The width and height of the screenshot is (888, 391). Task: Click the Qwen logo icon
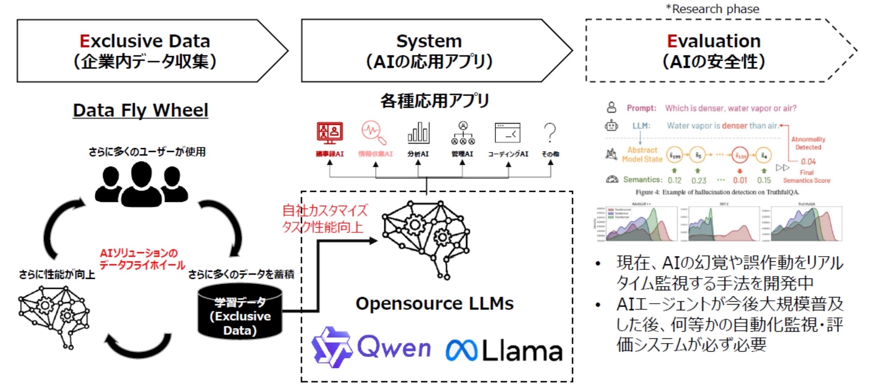pos(332,347)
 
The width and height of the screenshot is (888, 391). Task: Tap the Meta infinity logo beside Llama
pos(461,350)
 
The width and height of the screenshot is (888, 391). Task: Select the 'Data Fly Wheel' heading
pos(140,110)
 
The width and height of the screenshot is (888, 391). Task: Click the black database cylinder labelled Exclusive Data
pos(240,312)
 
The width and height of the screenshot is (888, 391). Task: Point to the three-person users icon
pos(141,184)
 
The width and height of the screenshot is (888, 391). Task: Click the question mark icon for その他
pos(550,133)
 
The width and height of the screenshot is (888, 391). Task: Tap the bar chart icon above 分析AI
pos(418,133)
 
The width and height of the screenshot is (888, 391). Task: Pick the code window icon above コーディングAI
pos(508,133)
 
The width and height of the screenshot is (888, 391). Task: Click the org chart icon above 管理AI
pos(463,133)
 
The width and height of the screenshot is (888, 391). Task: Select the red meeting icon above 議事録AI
pos(330,133)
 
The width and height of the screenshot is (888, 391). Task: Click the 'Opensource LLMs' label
pos(435,304)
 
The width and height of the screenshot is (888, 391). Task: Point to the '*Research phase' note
pos(712,9)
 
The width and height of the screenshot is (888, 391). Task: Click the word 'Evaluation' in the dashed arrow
pos(713,41)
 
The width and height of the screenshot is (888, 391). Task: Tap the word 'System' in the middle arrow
pos(429,41)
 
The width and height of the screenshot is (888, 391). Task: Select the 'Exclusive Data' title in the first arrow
pos(145,41)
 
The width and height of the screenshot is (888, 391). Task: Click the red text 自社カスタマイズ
pos(325,210)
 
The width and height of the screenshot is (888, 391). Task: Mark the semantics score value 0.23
pos(699,181)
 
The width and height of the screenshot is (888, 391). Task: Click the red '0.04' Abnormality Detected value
pos(808,162)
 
